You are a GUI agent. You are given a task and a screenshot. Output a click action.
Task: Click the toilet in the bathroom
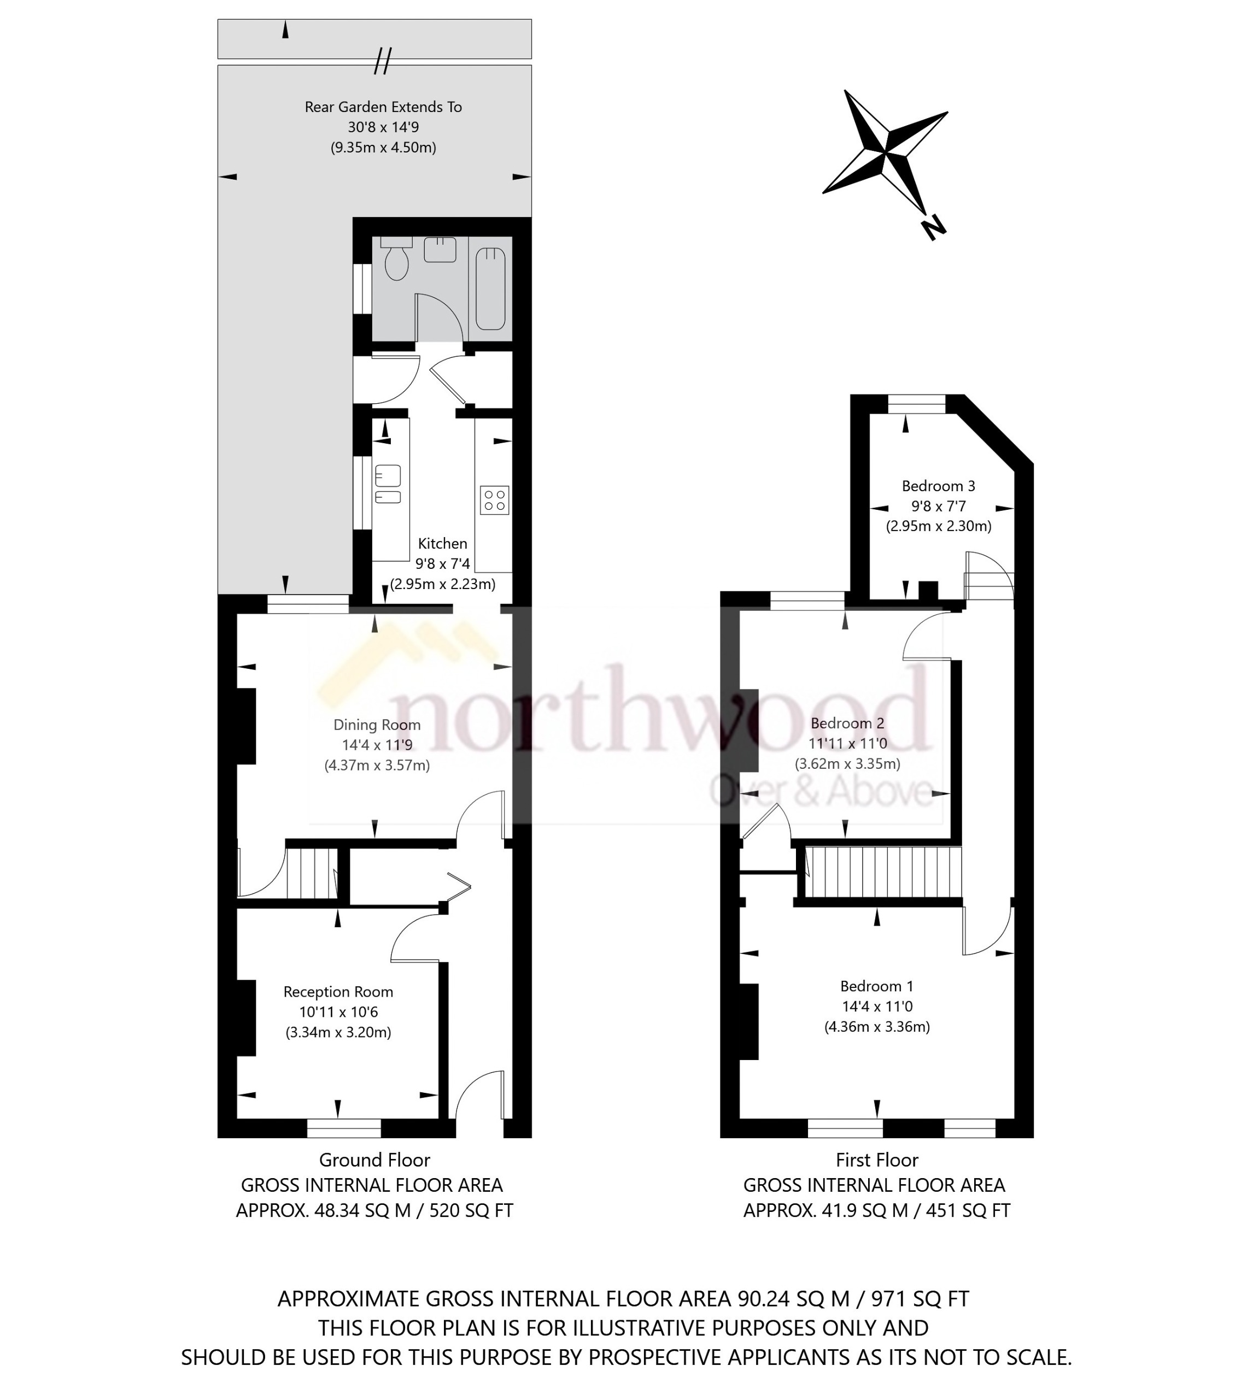(x=396, y=262)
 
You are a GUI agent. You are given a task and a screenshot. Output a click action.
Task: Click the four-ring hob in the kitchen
(x=494, y=499)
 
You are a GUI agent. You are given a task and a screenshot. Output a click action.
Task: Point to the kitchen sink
(x=388, y=475)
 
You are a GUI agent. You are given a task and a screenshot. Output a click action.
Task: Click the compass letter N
(x=932, y=227)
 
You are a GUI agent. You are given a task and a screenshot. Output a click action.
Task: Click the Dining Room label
(x=377, y=725)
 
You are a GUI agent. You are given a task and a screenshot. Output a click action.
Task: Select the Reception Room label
(x=338, y=991)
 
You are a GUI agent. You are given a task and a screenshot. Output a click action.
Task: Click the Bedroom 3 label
(x=938, y=486)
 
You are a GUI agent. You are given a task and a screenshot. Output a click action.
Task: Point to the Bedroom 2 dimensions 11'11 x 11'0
(x=847, y=743)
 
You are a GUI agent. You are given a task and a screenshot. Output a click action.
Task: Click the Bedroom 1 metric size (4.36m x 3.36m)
(x=876, y=1026)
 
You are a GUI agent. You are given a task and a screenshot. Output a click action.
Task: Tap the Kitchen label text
(x=442, y=543)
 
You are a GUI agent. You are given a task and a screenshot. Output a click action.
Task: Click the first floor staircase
(x=883, y=872)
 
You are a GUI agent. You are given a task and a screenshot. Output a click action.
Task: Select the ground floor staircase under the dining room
(x=312, y=873)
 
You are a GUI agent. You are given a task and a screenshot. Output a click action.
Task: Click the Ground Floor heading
(x=374, y=1159)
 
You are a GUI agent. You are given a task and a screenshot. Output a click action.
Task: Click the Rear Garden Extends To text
(x=383, y=107)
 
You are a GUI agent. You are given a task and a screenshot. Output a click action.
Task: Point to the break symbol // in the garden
(x=383, y=61)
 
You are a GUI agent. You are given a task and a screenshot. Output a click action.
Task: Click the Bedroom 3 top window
(x=916, y=404)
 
